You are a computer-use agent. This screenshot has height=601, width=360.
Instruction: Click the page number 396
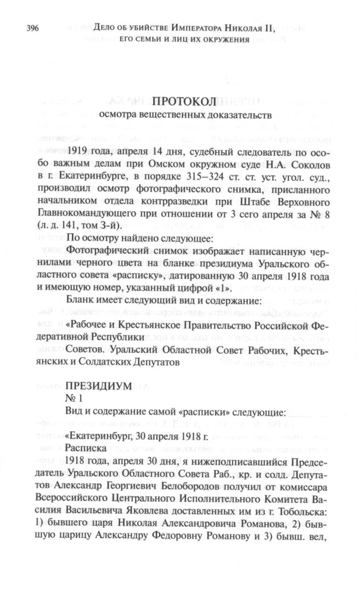pyautogui.click(x=30, y=28)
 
